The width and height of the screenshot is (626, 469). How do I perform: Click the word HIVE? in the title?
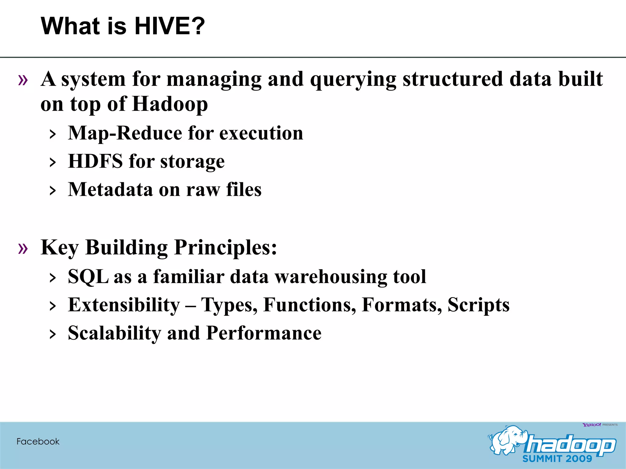point(170,26)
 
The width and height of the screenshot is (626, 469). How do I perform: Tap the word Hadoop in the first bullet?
point(170,104)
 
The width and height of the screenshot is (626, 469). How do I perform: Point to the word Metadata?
point(110,190)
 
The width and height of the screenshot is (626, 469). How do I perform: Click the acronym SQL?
point(88,277)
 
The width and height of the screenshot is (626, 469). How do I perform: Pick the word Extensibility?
point(124,305)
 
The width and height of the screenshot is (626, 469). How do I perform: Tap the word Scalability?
point(114,333)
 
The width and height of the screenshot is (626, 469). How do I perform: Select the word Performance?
point(264,333)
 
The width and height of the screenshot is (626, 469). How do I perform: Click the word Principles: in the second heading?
point(226,247)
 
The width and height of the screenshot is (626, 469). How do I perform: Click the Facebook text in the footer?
point(38,442)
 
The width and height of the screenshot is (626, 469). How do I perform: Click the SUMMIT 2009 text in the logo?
point(557,459)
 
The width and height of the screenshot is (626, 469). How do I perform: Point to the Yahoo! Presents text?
point(600,425)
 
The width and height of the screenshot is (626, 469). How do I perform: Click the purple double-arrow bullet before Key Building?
point(23,248)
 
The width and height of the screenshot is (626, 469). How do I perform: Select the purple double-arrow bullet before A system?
point(23,80)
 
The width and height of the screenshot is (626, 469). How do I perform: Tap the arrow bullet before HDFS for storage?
point(53,162)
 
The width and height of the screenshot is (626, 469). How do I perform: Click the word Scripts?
point(478,305)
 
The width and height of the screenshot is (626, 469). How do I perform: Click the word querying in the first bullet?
point(353,79)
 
